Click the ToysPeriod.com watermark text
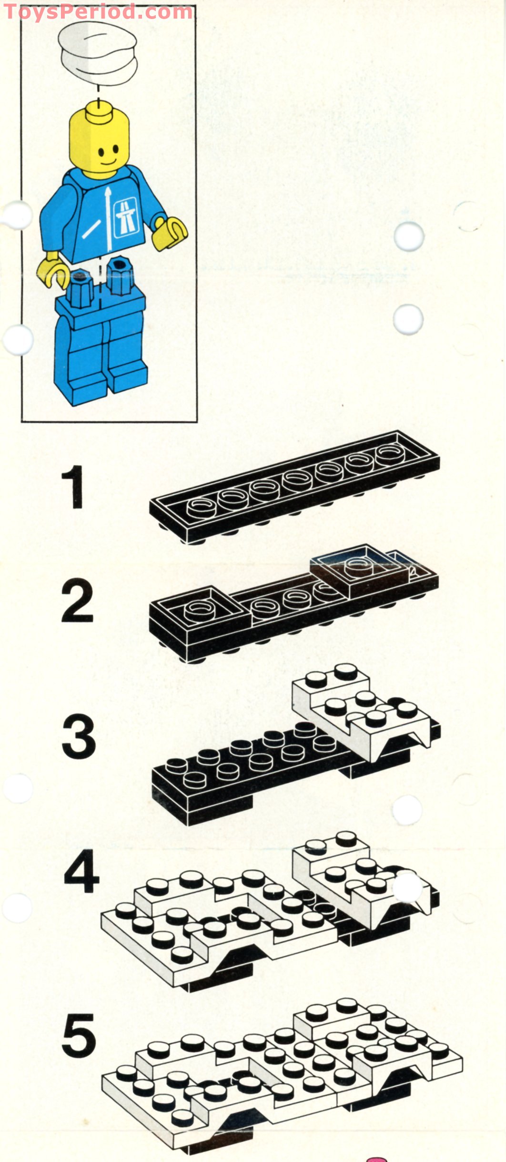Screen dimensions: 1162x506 click(98, 11)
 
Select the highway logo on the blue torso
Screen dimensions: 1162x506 click(126, 217)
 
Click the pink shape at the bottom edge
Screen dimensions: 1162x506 click(376, 1159)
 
